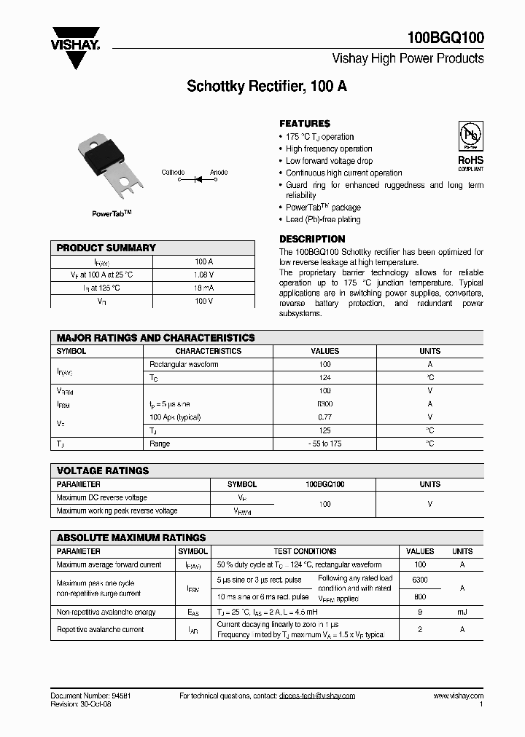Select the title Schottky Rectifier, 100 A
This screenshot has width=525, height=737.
(x=267, y=86)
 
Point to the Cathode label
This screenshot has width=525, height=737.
(x=173, y=172)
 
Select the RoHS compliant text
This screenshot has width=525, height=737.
(x=470, y=162)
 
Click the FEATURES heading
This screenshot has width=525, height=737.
(x=305, y=124)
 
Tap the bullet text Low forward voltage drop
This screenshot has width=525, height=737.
(x=329, y=161)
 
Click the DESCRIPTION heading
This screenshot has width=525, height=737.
(x=312, y=239)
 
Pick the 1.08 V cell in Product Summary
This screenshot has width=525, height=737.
(x=204, y=275)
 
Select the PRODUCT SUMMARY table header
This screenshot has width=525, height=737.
(x=106, y=248)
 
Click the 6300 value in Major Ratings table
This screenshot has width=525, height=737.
(x=324, y=403)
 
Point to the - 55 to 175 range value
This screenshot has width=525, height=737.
(x=324, y=444)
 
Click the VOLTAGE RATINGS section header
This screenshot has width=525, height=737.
(x=103, y=470)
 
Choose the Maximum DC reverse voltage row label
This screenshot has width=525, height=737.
(x=101, y=497)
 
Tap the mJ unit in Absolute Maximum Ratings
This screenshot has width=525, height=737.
(x=462, y=612)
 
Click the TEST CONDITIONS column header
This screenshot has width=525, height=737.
(x=305, y=551)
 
